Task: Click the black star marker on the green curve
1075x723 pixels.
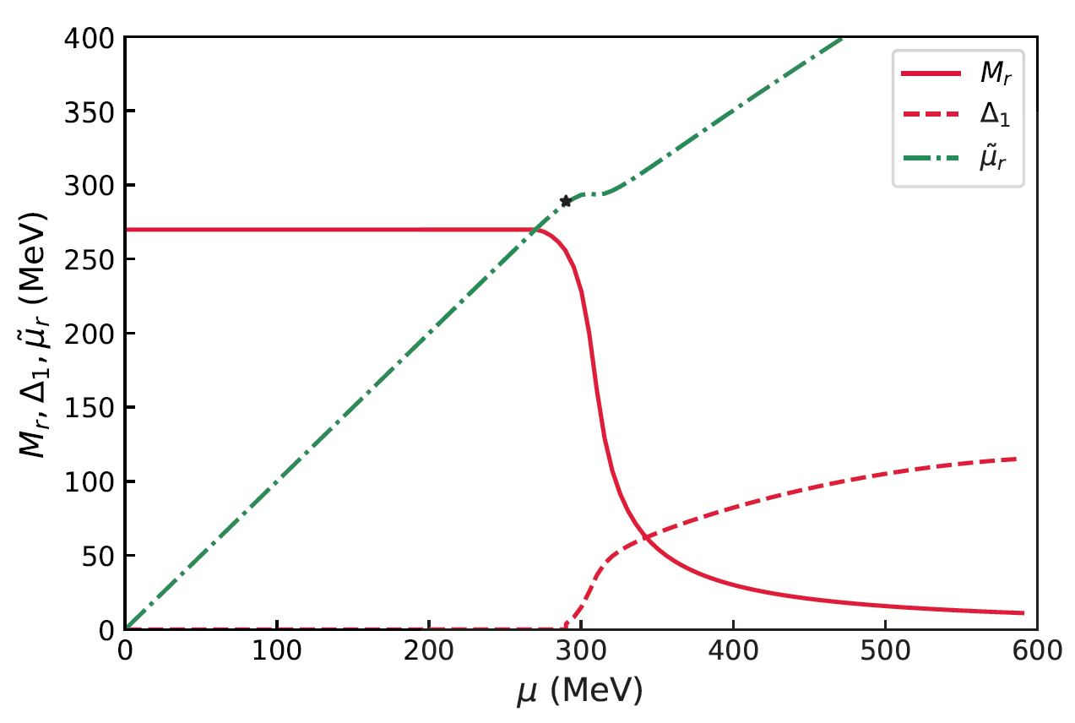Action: coord(566,201)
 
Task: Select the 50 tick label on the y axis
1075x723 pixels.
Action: coord(102,555)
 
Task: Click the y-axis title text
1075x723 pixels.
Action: coord(34,334)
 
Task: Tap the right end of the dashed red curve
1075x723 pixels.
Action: coord(1016,459)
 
